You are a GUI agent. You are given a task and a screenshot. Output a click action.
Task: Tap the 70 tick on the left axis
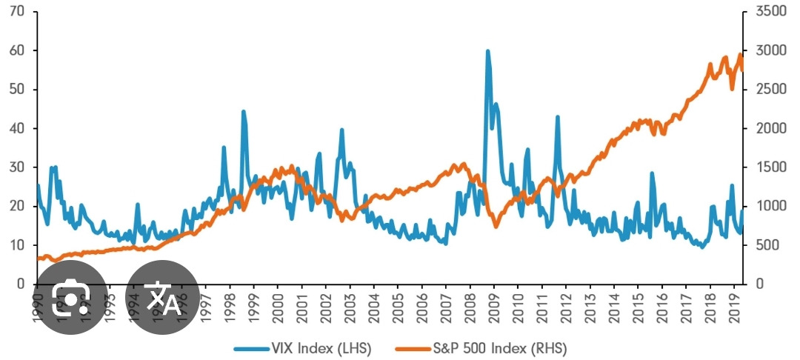[16, 12]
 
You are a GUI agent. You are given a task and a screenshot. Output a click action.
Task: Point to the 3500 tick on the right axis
[764, 12]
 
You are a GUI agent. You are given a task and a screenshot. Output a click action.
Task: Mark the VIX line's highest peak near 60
[487, 51]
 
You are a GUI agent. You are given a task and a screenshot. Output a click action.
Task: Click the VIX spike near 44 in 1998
[243, 112]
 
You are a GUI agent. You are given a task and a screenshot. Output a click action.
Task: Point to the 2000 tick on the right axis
[764, 128]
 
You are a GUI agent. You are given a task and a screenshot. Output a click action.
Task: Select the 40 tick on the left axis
[16, 128]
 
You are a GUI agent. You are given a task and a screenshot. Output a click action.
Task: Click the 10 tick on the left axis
[16, 245]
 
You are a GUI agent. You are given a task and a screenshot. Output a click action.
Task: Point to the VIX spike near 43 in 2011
[557, 117]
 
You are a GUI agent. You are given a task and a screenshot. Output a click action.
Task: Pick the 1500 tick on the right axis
[764, 167]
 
